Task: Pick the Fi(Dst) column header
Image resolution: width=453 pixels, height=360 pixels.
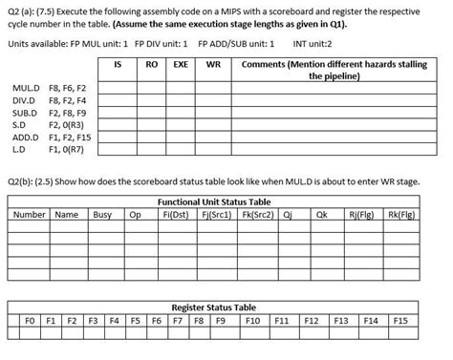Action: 175,214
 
